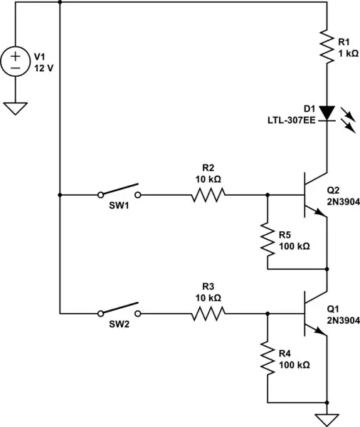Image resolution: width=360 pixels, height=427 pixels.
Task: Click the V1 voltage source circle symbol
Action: (16, 62)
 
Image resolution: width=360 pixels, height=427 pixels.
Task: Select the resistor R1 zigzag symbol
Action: (327, 46)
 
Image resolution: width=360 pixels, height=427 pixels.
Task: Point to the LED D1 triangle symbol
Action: (327, 112)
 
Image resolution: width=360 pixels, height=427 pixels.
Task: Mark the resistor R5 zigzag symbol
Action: (268, 240)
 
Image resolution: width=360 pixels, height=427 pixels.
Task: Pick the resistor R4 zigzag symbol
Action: (268, 359)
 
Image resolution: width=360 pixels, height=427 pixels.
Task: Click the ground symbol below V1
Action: (16, 107)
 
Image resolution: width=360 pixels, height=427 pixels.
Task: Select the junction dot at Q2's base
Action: (268, 194)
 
